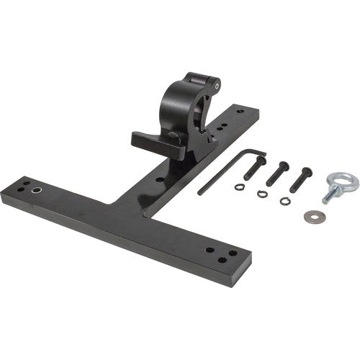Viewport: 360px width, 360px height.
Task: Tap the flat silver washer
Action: tap(312, 215)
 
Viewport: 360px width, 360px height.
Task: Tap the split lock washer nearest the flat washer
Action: tap(286, 200)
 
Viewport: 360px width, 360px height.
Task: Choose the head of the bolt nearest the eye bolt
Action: tap(308, 172)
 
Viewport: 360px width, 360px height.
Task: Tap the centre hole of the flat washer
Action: tap(312, 215)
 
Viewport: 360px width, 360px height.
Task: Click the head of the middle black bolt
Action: tap(284, 166)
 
